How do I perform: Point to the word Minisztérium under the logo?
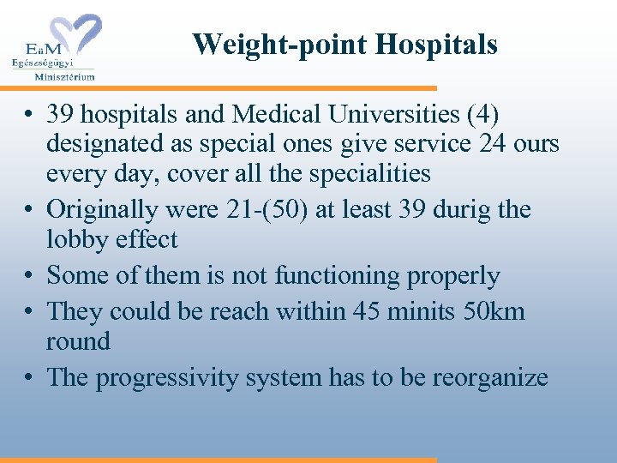(64, 75)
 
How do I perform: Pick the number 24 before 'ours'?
(493, 143)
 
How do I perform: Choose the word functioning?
(339, 276)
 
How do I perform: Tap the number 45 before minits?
(362, 310)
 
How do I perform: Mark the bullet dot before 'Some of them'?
(29, 277)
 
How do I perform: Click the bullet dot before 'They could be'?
(29, 311)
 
